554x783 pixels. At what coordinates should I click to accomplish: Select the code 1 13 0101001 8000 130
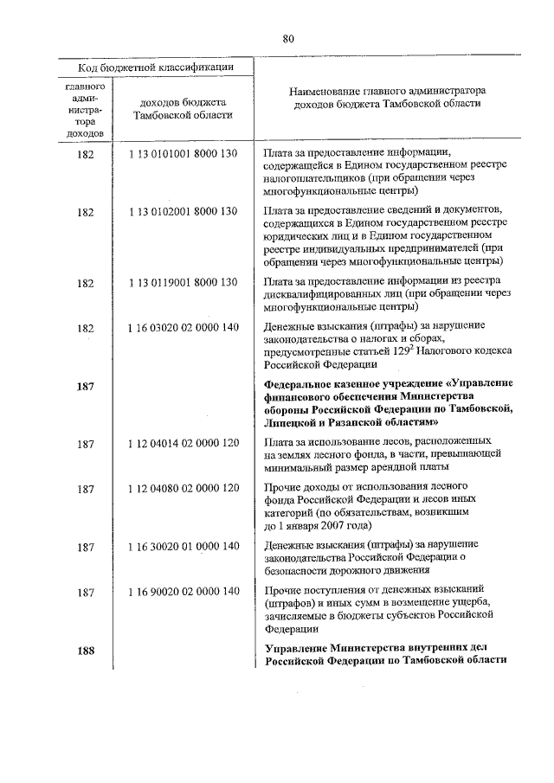click(183, 154)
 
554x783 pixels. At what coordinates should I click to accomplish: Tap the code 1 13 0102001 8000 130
click(183, 211)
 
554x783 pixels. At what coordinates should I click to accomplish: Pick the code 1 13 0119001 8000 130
click(183, 282)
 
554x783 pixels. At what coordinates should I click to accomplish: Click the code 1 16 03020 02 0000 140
click(183, 327)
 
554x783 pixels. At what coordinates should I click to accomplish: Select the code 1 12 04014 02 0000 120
click(183, 443)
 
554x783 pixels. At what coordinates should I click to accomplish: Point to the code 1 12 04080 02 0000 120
click(183, 488)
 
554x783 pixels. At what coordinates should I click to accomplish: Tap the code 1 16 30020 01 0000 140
click(183, 545)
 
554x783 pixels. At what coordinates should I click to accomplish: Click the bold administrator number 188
click(85, 650)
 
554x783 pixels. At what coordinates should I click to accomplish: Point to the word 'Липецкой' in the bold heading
click(293, 422)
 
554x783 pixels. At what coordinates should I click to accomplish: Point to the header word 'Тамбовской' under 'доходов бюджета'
click(156, 116)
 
